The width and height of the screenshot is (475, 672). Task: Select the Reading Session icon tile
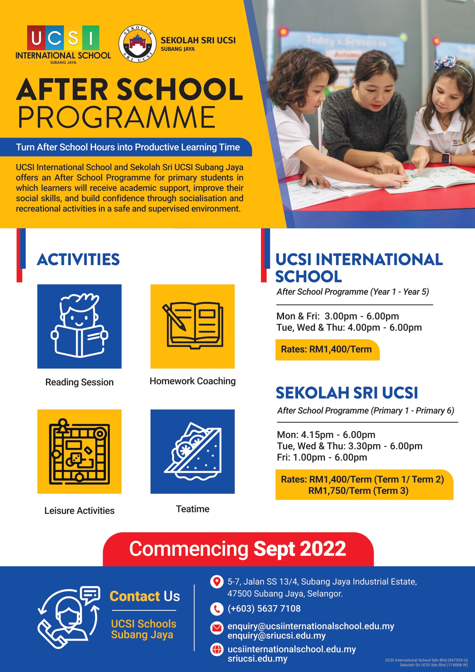tap(79, 326)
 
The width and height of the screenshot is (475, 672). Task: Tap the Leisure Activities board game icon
tap(79, 452)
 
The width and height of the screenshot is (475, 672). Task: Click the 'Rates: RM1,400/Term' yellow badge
tap(327, 349)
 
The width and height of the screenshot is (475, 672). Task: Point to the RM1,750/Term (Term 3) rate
tap(358, 491)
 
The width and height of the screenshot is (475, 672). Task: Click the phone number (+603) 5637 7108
tap(264, 608)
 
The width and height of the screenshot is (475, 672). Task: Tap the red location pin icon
tap(217, 582)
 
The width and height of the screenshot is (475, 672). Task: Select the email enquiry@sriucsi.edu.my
tap(276, 636)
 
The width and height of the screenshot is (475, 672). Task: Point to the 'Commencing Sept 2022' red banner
tap(238, 549)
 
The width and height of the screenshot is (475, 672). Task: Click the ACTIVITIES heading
tap(78, 259)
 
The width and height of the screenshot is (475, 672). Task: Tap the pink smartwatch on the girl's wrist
tap(446, 157)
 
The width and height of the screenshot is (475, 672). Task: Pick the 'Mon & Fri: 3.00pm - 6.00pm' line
tap(338, 316)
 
